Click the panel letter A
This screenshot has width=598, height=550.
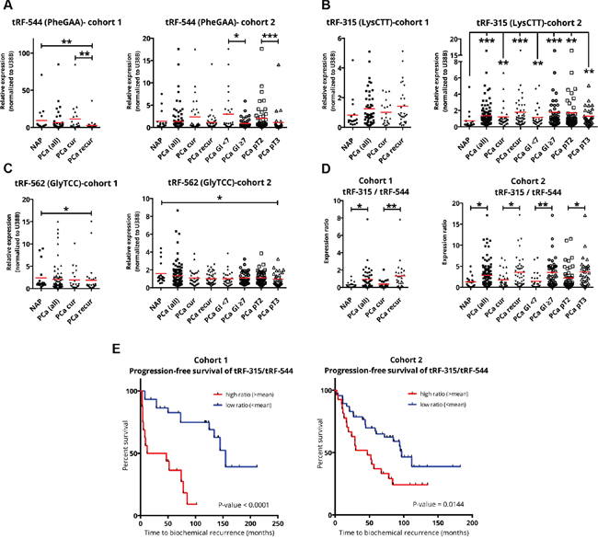point(7,6)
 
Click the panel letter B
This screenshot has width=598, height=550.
point(306,6)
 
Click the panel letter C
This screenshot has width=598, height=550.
point(7,169)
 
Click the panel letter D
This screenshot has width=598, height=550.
point(306,169)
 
